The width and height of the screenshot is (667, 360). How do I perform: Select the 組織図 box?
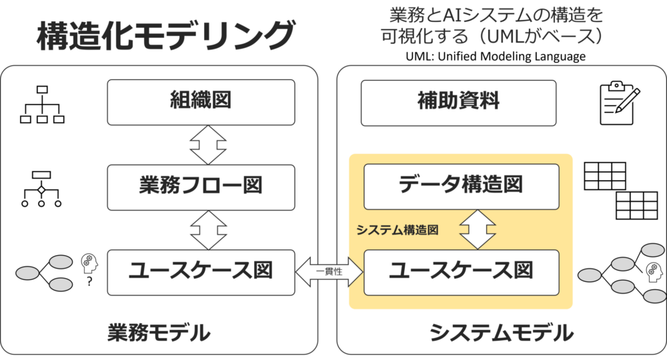201,102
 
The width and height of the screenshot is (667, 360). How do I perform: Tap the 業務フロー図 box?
201,185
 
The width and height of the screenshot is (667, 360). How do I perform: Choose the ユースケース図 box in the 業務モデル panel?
201,272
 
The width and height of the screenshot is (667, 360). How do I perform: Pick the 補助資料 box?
458,102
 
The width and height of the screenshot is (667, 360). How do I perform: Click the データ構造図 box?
461,185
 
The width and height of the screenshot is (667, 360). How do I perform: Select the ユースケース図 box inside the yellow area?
461,272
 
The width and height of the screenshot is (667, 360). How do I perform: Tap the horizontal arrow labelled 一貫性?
328,272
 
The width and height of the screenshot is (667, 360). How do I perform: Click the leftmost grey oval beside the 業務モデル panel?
27,273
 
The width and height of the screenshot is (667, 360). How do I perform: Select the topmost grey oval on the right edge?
652,250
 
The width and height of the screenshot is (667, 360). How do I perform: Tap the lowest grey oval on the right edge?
654,296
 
